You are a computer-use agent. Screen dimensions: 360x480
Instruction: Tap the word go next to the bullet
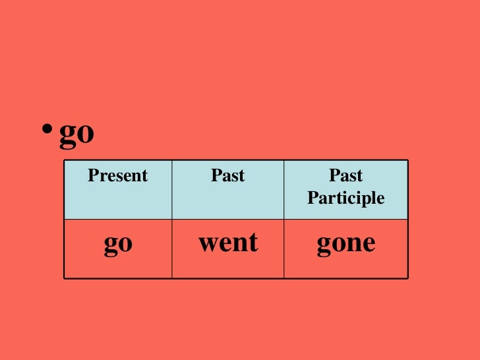click(x=76, y=135)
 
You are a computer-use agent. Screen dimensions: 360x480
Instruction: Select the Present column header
click(x=118, y=176)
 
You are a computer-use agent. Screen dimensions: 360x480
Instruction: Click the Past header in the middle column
click(x=227, y=176)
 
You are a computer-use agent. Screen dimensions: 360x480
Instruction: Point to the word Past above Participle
click(x=346, y=176)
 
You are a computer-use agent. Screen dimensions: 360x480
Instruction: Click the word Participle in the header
click(x=346, y=198)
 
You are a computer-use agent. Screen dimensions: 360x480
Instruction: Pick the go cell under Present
click(x=118, y=244)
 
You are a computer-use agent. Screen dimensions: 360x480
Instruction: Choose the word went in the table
click(x=227, y=243)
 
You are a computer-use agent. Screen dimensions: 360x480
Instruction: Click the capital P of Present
click(x=92, y=176)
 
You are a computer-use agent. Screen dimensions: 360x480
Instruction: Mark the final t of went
click(x=253, y=243)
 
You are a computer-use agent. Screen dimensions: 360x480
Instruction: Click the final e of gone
click(x=369, y=244)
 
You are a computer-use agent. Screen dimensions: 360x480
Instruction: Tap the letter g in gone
click(x=324, y=245)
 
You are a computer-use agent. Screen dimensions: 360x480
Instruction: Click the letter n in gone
click(x=355, y=244)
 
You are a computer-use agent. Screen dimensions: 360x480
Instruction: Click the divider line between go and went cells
click(x=172, y=248)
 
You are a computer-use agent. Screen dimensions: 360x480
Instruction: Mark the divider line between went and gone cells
click(x=284, y=248)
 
